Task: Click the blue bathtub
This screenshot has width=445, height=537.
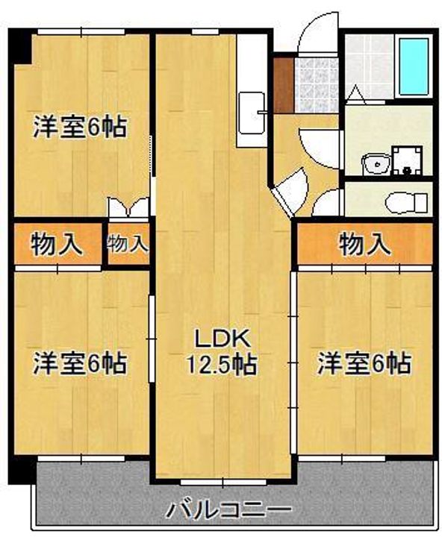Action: [414, 66]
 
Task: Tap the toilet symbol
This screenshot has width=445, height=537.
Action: [406, 203]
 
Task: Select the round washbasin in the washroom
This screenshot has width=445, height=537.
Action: [376, 164]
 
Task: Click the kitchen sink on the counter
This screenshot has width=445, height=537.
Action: [252, 113]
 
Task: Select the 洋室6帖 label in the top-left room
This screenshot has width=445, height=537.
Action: [80, 127]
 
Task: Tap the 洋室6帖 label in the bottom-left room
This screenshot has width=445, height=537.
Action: [80, 363]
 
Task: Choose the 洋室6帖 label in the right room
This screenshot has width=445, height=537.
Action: [364, 363]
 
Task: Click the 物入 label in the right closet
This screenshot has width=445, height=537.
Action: [365, 245]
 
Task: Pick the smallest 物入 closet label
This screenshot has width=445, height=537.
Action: [128, 244]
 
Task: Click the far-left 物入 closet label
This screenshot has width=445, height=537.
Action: [57, 245]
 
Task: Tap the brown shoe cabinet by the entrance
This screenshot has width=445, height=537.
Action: [283, 85]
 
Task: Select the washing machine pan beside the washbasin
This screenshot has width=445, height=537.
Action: [407, 160]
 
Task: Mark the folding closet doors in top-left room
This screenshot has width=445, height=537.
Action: [128, 207]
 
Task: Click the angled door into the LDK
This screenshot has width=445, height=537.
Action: [290, 192]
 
